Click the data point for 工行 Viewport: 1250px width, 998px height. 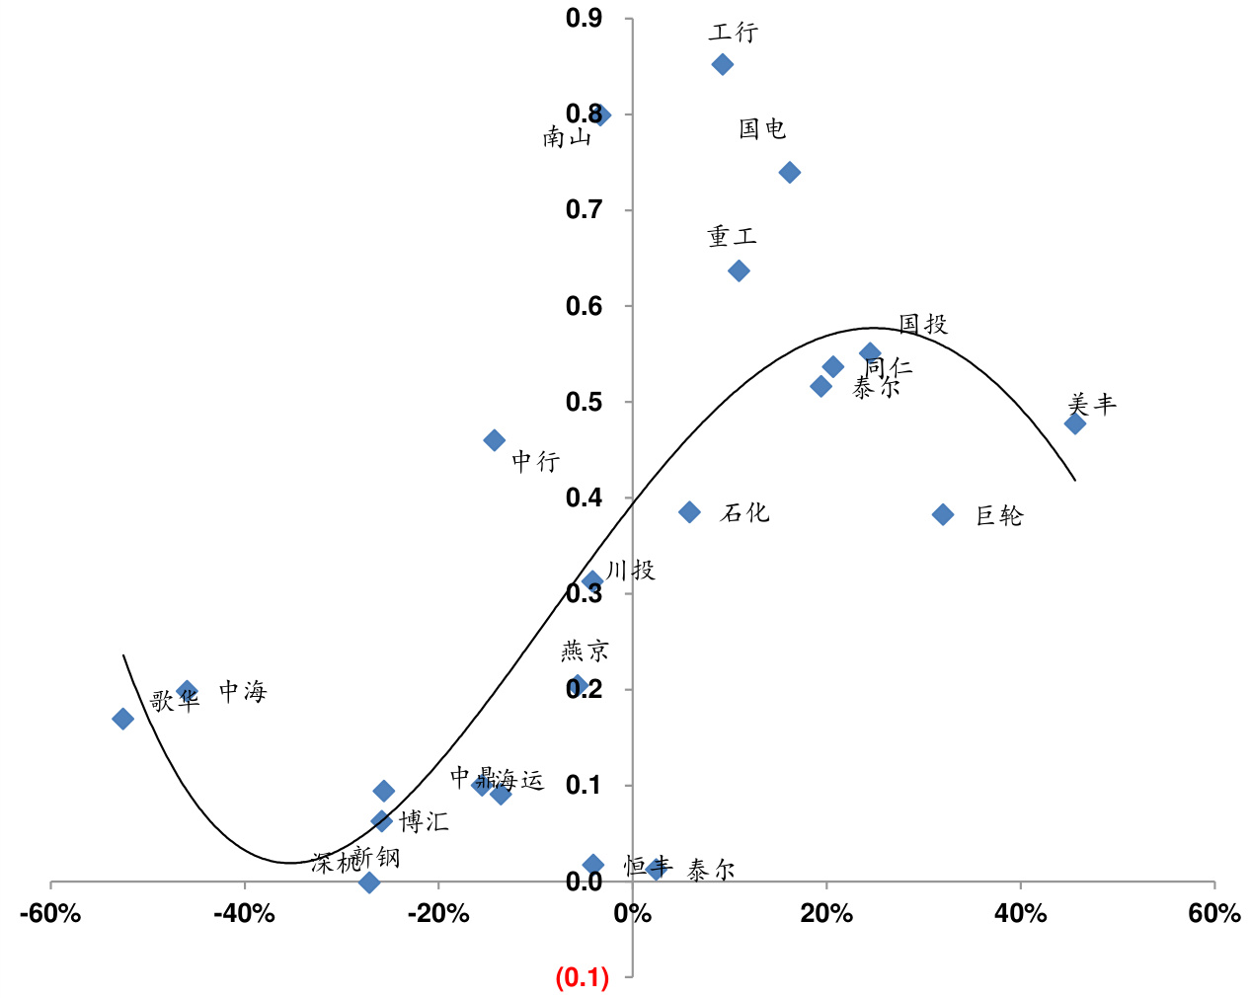723,65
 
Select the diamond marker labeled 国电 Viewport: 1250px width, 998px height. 790,173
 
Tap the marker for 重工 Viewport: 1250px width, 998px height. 739,271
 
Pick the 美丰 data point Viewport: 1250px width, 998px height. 1075,423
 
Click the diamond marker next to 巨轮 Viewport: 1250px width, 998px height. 943,514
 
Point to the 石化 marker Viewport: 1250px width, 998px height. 689,512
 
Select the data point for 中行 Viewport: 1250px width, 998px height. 495,440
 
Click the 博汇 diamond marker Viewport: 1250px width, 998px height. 382,821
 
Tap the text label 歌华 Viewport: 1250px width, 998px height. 175,701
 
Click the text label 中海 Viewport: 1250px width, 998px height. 243,691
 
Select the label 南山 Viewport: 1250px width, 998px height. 567,137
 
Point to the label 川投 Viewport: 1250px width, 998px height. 631,570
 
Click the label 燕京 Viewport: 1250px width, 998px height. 586,651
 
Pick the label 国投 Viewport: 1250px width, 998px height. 923,324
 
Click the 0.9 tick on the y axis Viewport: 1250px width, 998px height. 584,18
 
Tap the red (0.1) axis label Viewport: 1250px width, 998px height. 583,977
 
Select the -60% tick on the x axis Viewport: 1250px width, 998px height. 50,913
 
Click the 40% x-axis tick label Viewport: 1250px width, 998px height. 1020,913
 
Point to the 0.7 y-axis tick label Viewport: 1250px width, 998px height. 584,209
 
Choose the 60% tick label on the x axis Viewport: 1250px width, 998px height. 1213,913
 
